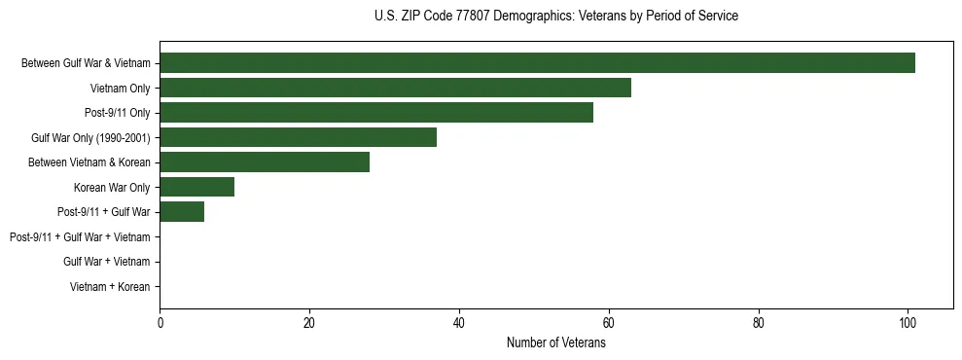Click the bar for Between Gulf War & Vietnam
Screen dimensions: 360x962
tap(537, 63)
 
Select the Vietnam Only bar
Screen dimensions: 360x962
tap(395, 88)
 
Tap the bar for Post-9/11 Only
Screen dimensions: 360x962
tap(376, 113)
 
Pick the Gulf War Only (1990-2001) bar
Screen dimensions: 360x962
tap(298, 137)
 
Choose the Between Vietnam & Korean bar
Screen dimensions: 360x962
tap(265, 162)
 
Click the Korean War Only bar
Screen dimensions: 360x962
tap(196, 187)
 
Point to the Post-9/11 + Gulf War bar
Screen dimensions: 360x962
tap(182, 212)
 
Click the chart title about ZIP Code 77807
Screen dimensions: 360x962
tap(555, 17)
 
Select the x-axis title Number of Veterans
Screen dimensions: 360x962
tap(555, 343)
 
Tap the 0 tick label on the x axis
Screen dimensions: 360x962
tap(160, 324)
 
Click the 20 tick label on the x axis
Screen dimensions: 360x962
tap(309, 324)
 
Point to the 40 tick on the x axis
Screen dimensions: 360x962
tap(459, 324)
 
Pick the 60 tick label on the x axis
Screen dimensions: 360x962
tap(608, 324)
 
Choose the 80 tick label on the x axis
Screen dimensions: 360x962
tap(758, 324)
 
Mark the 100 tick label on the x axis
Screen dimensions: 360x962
tap(908, 324)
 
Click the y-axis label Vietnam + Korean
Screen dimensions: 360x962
tap(110, 287)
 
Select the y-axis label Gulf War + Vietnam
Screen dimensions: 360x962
tap(107, 262)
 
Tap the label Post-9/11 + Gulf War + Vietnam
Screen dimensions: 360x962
tap(80, 237)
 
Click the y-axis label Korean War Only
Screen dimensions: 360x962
tap(112, 187)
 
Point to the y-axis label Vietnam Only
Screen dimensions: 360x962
tap(119, 89)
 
